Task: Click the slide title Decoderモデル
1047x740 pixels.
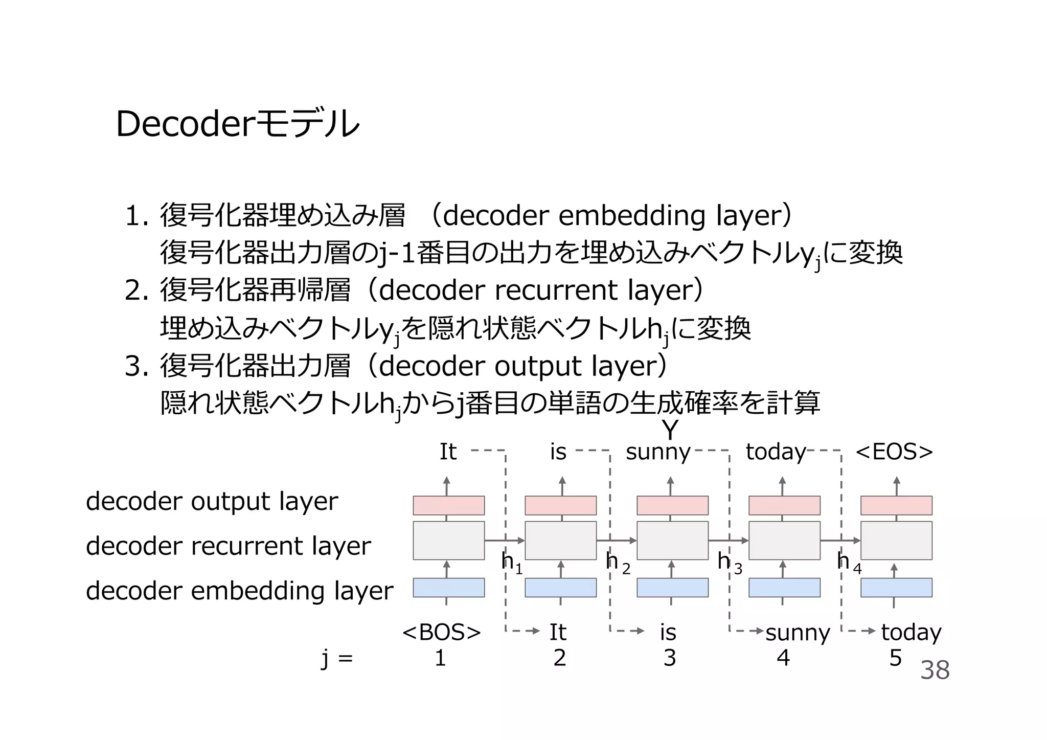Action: (238, 124)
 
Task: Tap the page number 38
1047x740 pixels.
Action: (935, 670)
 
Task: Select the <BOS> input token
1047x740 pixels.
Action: (442, 633)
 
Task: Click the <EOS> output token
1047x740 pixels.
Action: (894, 452)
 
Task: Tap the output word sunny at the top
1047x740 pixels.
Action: (658, 452)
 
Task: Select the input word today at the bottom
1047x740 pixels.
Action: (911, 633)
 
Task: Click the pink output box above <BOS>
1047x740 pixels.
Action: (449, 505)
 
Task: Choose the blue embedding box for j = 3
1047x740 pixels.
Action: (672, 588)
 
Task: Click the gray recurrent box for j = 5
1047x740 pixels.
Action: (896, 541)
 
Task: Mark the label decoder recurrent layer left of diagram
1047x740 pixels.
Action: (228, 546)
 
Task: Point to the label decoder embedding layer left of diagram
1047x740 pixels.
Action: (239, 591)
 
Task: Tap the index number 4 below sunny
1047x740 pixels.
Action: (783, 658)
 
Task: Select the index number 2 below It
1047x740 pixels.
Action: (559, 658)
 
